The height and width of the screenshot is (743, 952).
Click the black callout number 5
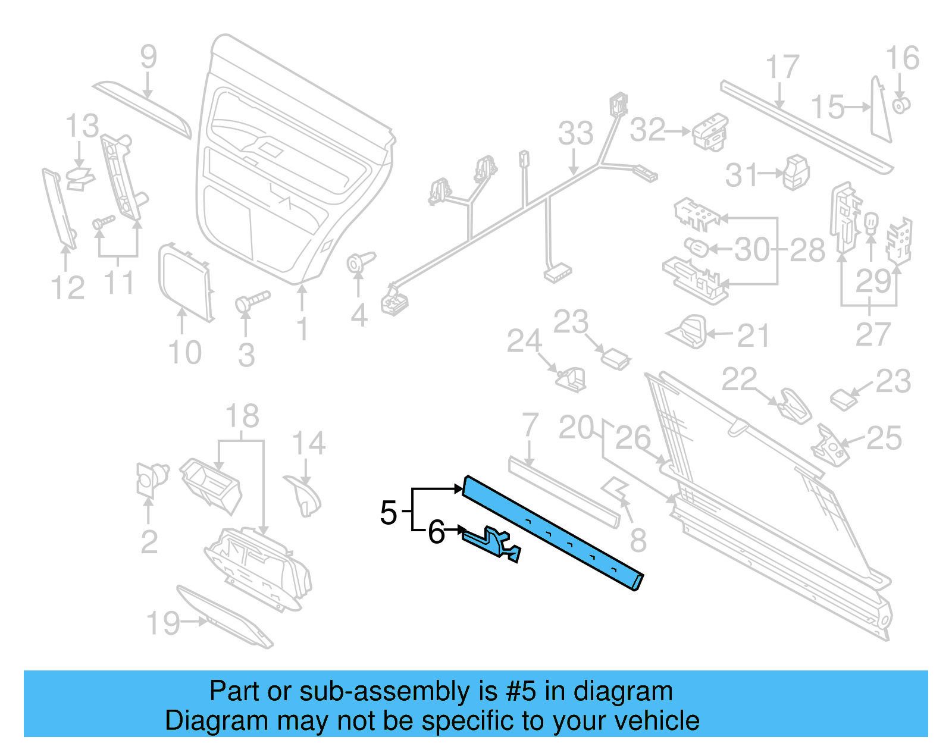click(x=388, y=513)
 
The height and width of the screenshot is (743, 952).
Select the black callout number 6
click(x=436, y=532)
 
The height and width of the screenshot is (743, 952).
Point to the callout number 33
click(x=575, y=133)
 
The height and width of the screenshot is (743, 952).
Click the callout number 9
click(x=148, y=57)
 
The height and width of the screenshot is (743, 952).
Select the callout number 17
click(x=781, y=67)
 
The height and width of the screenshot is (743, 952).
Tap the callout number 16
click(x=902, y=58)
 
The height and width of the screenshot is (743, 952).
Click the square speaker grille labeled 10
click(x=184, y=282)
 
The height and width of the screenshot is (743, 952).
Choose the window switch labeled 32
click(x=710, y=131)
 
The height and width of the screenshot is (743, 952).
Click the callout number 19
click(x=162, y=623)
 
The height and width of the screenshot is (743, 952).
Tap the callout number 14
click(x=308, y=443)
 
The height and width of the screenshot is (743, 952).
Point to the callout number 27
click(x=872, y=334)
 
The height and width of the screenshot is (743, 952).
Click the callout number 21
click(x=753, y=337)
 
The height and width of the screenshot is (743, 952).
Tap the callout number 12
click(x=68, y=288)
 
